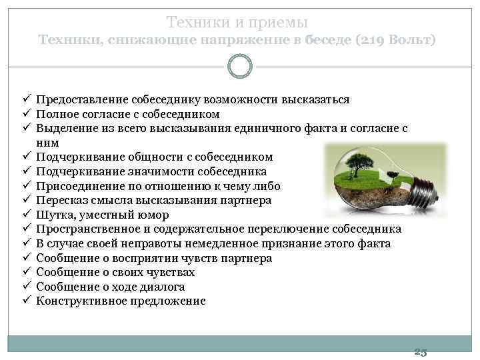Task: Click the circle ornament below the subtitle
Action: (x=239, y=67)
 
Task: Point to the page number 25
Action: (x=421, y=351)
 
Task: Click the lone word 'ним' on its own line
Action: (x=47, y=143)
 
